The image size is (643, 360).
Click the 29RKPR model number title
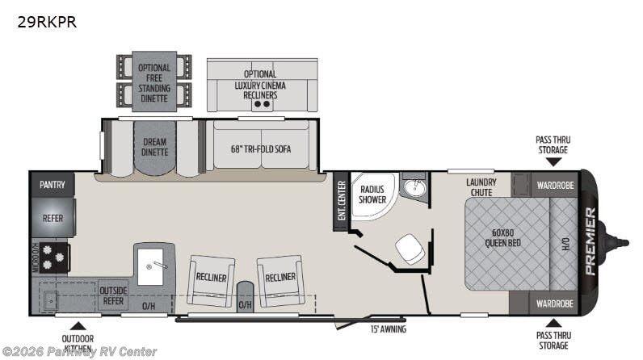[x=47, y=22]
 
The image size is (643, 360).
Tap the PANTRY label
[x=52, y=185]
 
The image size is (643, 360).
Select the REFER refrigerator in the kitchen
[x=53, y=218]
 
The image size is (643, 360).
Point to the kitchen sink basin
[x=150, y=266]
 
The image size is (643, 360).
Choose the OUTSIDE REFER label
[x=113, y=295]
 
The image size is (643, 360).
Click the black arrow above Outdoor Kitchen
[x=78, y=326]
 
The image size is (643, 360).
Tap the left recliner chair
[x=211, y=281]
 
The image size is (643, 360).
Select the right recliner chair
[x=280, y=281]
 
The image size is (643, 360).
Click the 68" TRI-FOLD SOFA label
[x=261, y=149]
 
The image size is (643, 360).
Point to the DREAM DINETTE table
[x=154, y=148]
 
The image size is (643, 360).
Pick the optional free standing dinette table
[x=154, y=82]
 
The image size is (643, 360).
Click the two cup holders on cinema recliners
[x=262, y=104]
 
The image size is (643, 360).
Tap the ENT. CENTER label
[x=342, y=201]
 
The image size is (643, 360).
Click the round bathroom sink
[x=415, y=187]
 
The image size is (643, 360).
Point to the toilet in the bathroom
[x=410, y=249]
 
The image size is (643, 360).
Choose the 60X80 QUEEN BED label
[x=502, y=238]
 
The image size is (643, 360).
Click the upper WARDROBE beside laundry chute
[x=555, y=185]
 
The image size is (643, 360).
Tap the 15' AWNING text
[x=389, y=329]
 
